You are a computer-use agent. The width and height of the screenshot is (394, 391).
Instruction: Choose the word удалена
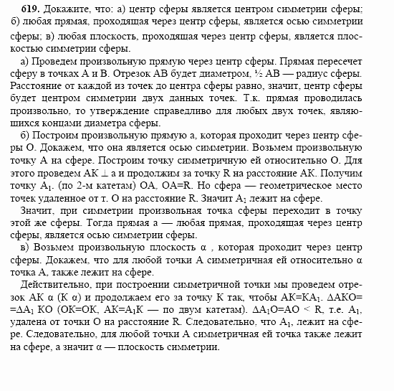(28, 316)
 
